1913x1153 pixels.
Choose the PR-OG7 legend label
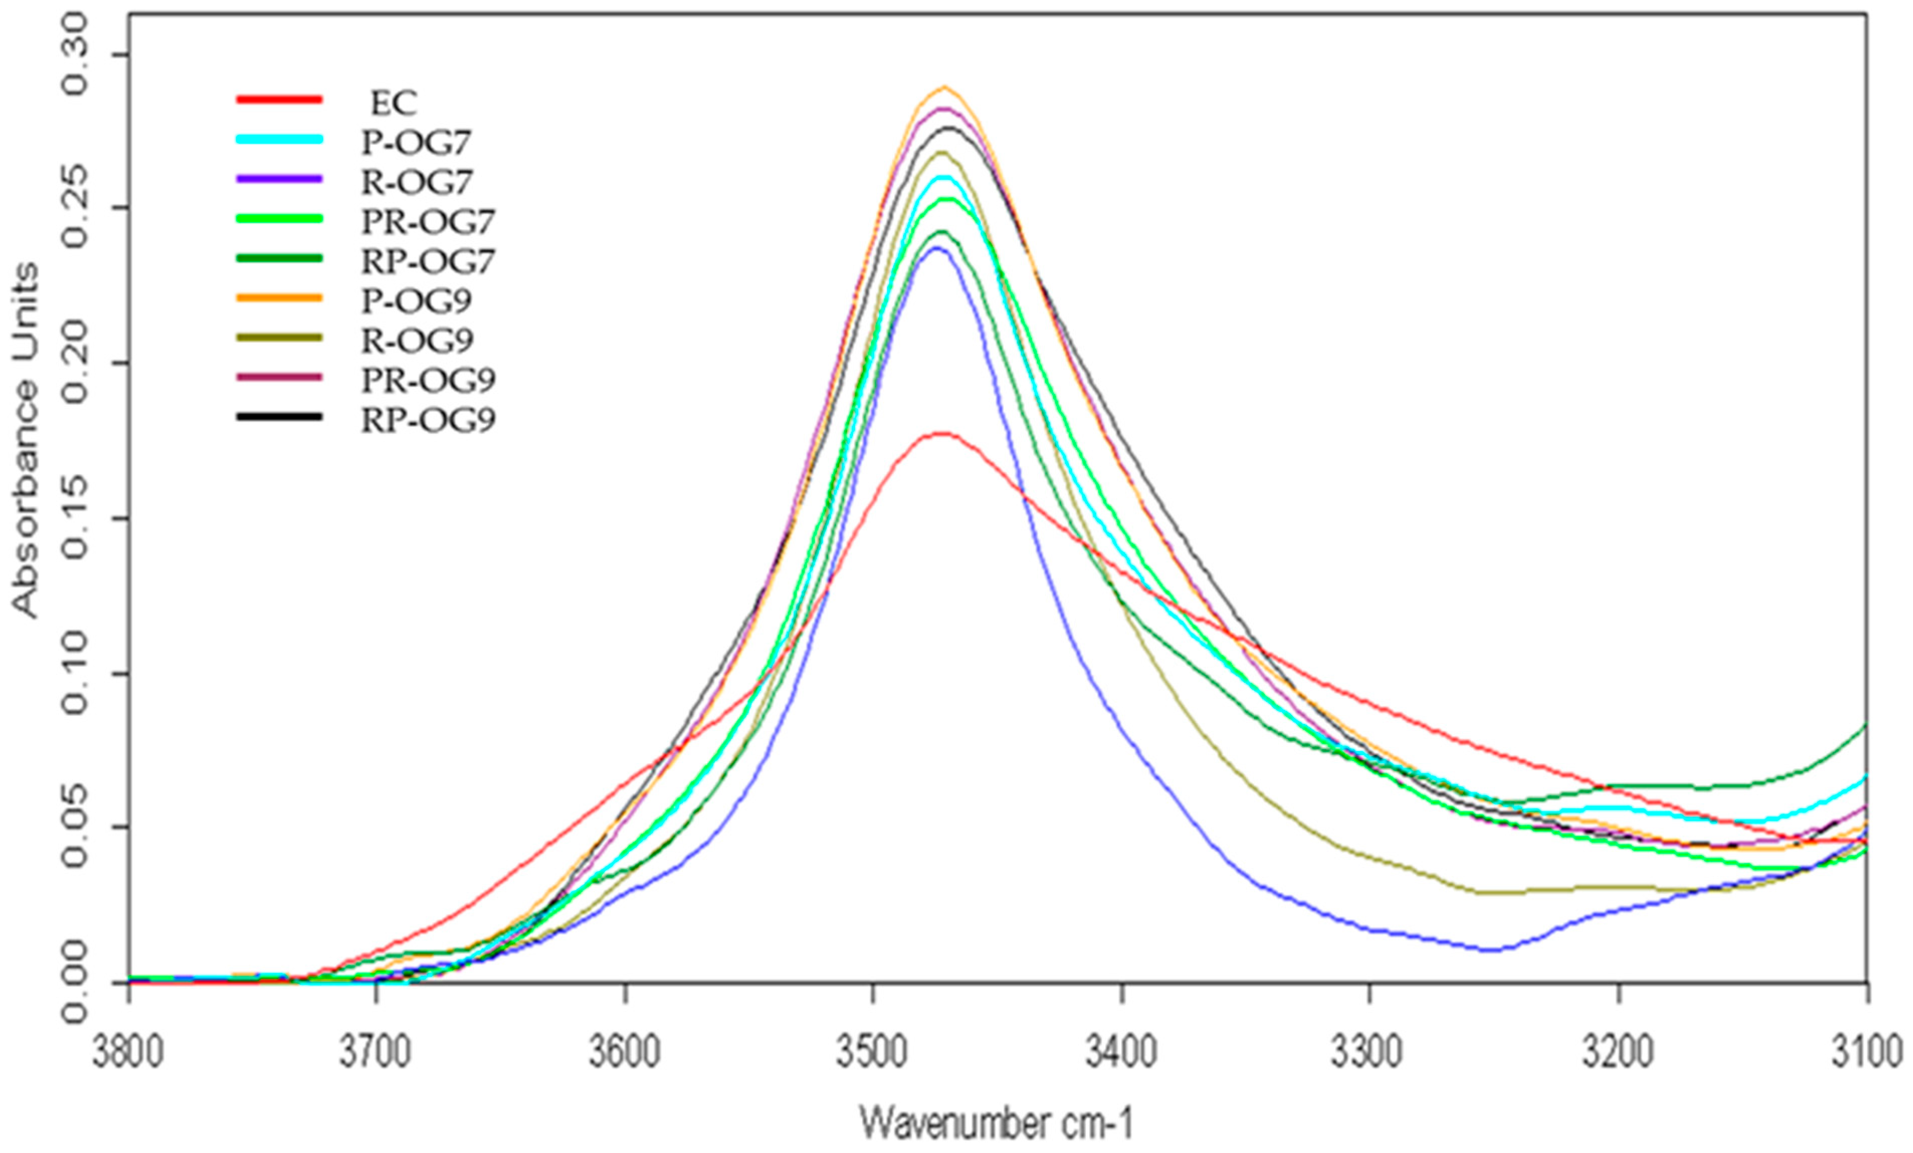coord(428,222)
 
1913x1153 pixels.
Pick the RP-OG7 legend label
coord(428,262)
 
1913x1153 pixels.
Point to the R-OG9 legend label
coord(417,341)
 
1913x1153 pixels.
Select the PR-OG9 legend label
coord(428,380)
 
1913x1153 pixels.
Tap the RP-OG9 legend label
coord(428,420)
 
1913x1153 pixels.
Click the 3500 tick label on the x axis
coord(873,1053)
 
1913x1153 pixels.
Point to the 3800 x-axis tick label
coord(130,1053)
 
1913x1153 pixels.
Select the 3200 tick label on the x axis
coord(1619,1053)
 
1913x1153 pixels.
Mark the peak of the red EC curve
coord(942,433)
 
